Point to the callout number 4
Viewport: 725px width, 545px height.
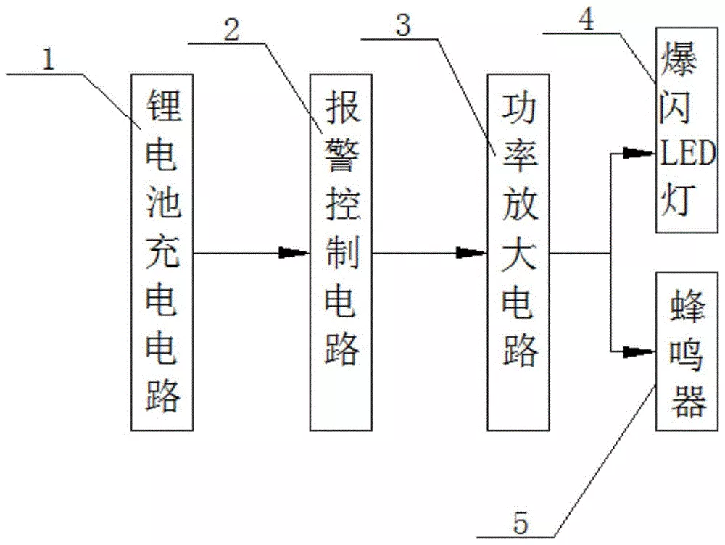click(x=588, y=19)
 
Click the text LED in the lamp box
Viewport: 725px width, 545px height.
click(x=687, y=154)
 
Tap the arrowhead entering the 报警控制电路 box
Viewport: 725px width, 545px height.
click(x=294, y=253)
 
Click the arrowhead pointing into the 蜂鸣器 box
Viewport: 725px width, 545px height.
click(x=639, y=352)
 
